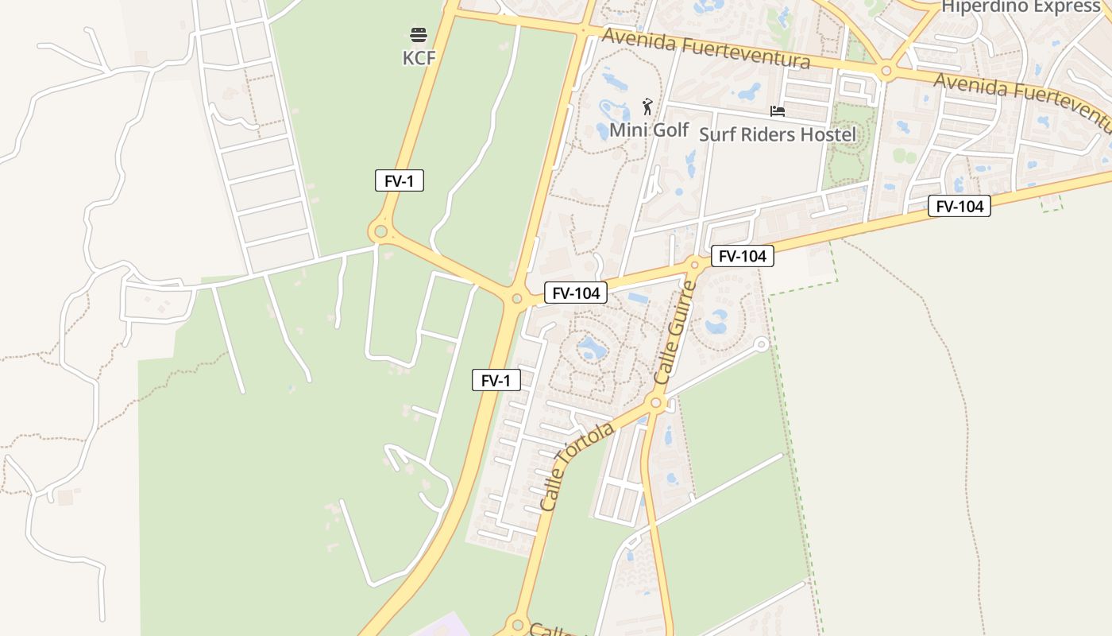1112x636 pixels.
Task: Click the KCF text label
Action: [419, 58]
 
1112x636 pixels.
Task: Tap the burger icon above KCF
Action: [419, 34]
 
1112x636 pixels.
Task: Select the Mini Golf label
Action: [649, 130]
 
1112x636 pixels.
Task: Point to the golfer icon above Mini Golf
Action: [647, 107]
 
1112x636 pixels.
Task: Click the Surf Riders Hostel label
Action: [778, 134]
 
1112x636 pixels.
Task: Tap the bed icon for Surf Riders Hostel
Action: [778, 111]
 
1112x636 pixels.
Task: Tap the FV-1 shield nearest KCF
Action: [400, 180]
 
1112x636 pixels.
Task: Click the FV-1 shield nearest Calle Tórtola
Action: [496, 381]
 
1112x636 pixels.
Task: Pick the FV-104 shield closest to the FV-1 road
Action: [576, 293]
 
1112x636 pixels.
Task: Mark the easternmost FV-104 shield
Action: [959, 207]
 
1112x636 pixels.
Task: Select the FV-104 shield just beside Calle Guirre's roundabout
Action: [742, 256]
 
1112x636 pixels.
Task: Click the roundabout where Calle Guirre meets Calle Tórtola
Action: [656, 403]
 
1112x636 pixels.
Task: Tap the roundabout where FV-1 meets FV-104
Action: [517, 299]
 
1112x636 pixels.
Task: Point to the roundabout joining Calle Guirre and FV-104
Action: [695, 266]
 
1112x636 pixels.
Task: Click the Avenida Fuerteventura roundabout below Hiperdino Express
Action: [886, 72]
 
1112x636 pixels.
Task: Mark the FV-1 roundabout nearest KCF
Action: [380, 232]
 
